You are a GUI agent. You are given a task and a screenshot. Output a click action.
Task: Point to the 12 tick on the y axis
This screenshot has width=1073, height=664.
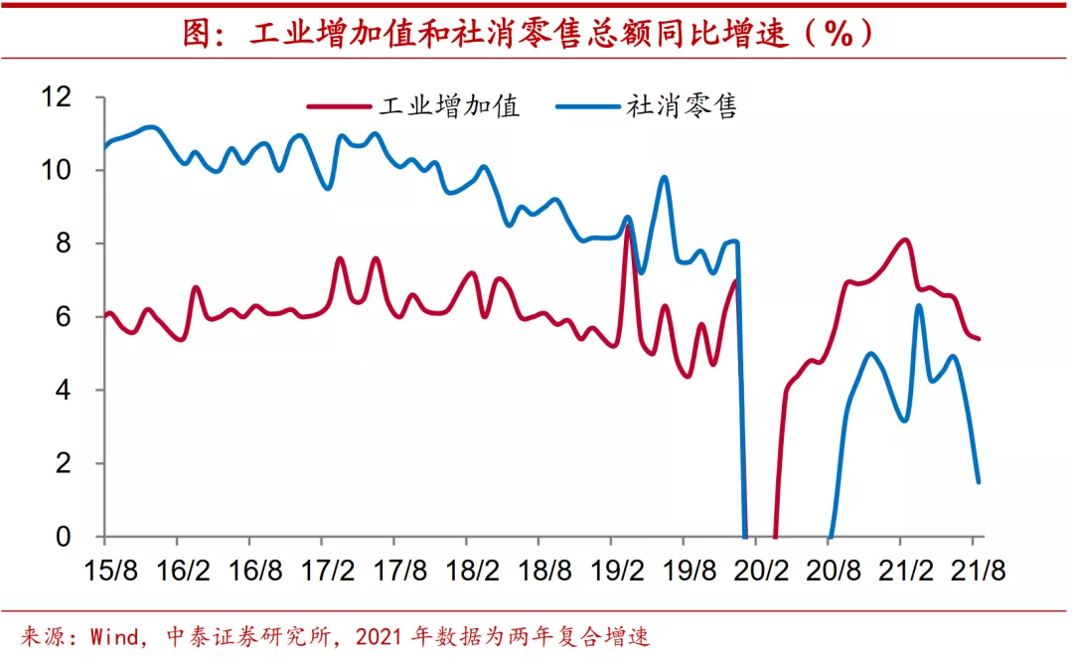pos(58,97)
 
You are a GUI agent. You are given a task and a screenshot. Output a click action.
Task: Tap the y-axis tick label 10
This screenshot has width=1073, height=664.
pos(58,170)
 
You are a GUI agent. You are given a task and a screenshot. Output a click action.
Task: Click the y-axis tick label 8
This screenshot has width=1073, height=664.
pos(66,244)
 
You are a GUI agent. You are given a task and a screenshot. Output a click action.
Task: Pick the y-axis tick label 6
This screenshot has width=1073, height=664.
pos(66,317)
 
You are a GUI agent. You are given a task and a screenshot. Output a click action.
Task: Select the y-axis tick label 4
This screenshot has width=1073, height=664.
pos(66,391)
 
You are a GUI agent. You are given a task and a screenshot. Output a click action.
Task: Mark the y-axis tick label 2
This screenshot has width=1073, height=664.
pos(66,463)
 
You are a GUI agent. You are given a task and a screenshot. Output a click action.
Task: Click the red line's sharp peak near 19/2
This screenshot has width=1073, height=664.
pos(627,227)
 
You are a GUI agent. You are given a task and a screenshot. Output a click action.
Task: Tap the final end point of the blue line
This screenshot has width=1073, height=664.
pos(979,482)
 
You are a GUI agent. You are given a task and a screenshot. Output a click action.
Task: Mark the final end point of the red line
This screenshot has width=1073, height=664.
pos(980,339)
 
